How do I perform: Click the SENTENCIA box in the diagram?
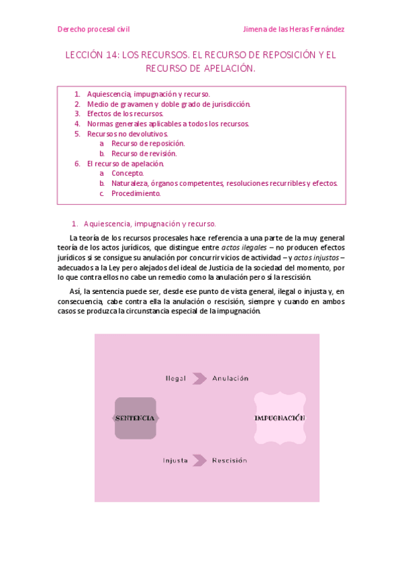coord(136,418)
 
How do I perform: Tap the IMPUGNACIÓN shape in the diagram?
coord(279,418)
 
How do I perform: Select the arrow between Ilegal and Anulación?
coord(199,378)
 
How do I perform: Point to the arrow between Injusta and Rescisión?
coord(199,460)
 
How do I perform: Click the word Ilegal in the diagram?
coord(175,378)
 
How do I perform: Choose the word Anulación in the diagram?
coord(230,378)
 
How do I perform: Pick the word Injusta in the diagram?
coord(175,460)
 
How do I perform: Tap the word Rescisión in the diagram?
coord(230,460)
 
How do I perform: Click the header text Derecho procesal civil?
coord(93,29)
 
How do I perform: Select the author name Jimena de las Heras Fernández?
coord(293,29)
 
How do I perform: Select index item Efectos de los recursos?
coord(125,113)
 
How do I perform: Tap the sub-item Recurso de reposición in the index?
coord(148,144)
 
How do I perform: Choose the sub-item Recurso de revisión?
coord(144,154)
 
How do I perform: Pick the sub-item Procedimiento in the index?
coord(136,193)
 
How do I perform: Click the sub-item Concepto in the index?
coord(128,173)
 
